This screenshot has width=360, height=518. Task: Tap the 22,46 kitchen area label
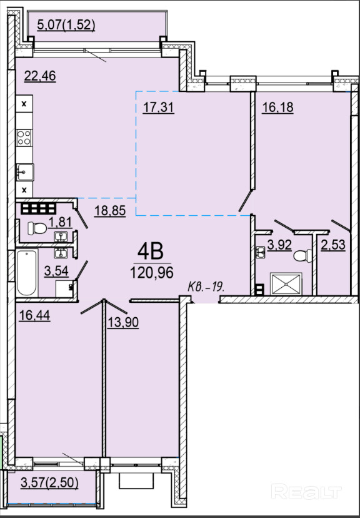tap(40, 76)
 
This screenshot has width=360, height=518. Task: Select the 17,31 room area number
tap(158, 108)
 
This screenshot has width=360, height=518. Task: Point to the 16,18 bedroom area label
tap(277, 108)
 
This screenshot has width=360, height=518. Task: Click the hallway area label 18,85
tap(110, 210)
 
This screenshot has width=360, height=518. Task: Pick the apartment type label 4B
tap(151, 252)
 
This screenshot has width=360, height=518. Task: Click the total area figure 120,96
tap(152, 273)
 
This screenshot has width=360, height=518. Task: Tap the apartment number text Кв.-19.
tap(206, 287)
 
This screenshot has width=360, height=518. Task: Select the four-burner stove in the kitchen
tap(24, 138)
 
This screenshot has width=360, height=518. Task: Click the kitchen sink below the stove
tap(25, 172)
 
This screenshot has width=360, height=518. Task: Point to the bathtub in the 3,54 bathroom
tap(27, 273)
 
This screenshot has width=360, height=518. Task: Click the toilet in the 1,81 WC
tap(37, 228)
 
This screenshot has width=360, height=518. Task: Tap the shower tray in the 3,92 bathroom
tap(286, 284)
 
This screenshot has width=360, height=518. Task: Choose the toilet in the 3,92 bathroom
tap(302, 256)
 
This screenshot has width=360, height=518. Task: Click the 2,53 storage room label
tap(333, 245)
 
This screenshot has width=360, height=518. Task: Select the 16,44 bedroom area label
tap(34, 315)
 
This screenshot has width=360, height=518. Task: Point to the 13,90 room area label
tap(122, 322)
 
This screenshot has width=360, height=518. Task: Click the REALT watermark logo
tap(306, 492)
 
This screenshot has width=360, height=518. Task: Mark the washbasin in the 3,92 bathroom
tap(261, 252)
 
